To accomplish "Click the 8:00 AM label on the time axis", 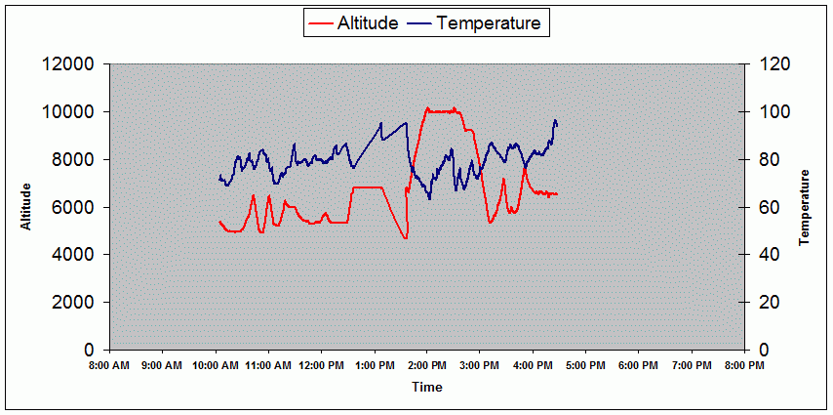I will (108, 366).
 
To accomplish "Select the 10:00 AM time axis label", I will (215, 366).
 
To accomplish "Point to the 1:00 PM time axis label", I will (374, 366).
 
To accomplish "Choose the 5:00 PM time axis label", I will (585, 366).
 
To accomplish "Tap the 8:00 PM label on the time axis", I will (744, 366).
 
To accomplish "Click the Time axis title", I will (426, 388).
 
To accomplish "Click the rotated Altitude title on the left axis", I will (27, 207).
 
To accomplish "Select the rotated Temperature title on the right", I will (806, 207).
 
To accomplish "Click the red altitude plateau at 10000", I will (444, 111).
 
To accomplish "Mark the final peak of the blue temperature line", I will (555, 120).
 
